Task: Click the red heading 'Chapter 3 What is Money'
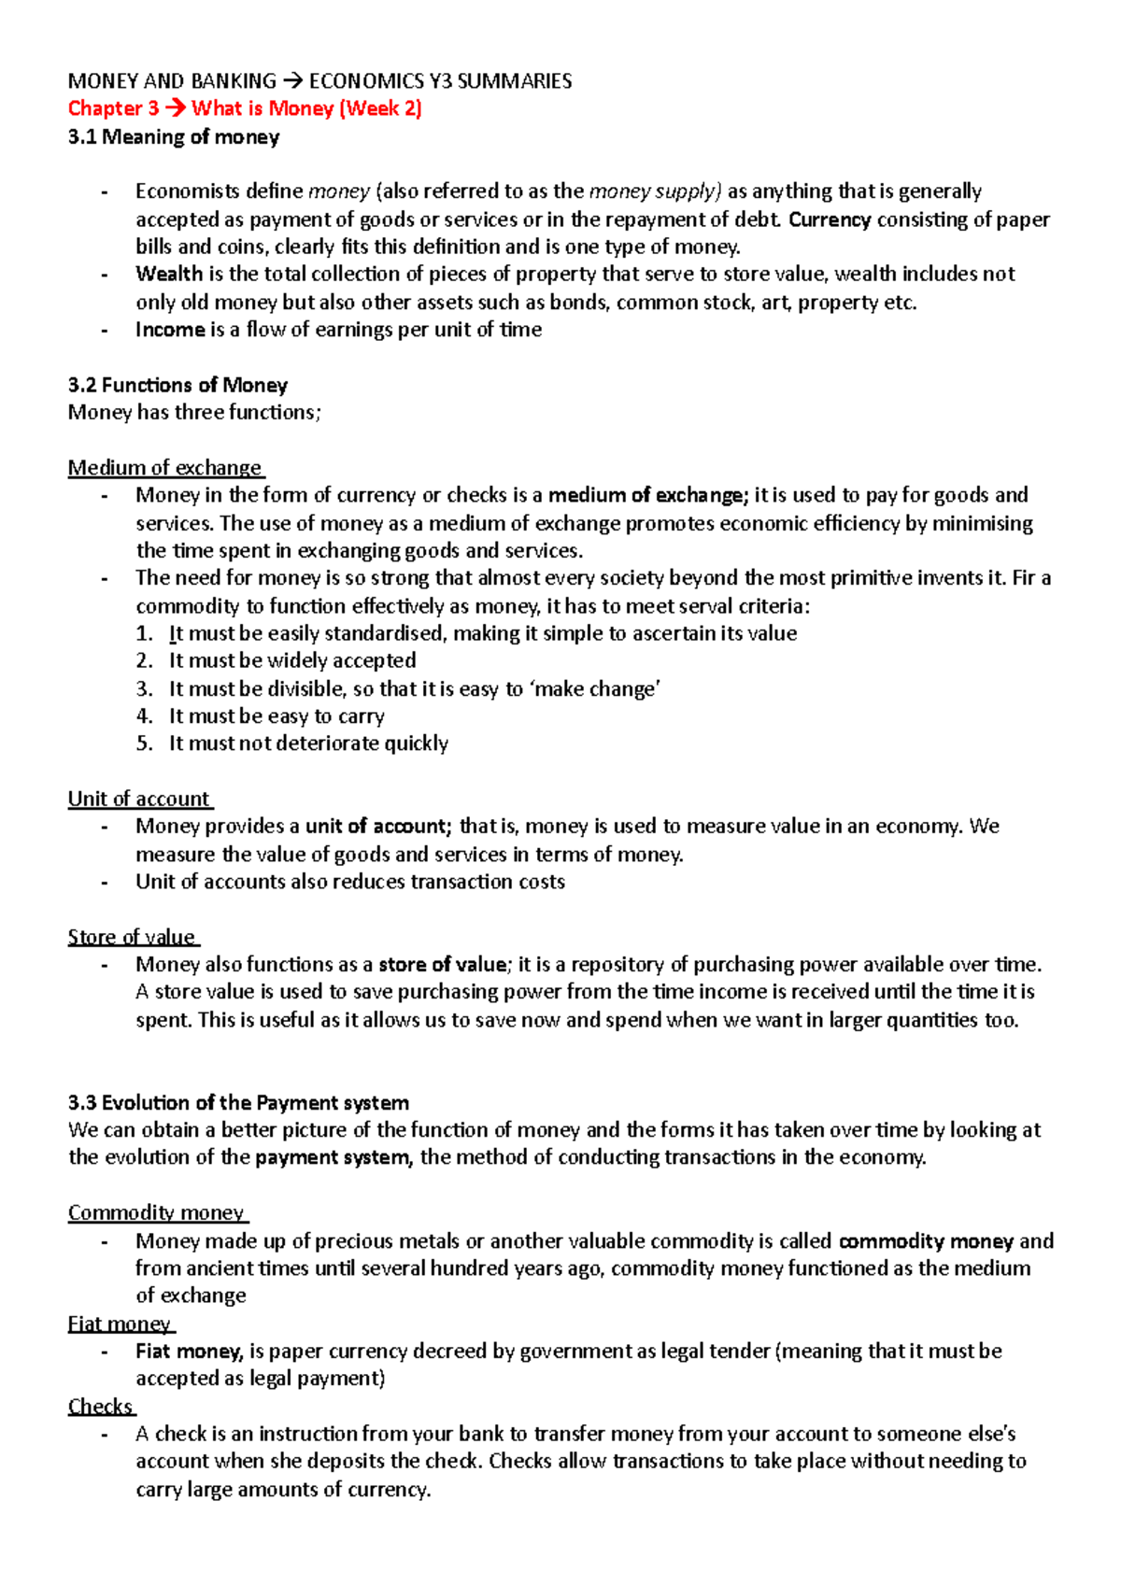coord(245,108)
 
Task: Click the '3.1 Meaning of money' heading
coord(174,137)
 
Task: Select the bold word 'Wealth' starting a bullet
coord(169,274)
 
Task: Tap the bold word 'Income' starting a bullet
coord(170,329)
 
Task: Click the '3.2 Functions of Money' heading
coord(177,385)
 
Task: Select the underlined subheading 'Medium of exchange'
coord(164,467)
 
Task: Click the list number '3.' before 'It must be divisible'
coord(144,688)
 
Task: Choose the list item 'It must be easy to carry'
coord(277,716)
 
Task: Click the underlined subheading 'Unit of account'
coord(138,799)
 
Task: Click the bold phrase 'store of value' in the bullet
coord(442,964)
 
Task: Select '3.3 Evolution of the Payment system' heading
coord(238,1102)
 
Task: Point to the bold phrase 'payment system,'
coord(333,1157)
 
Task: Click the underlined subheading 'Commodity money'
coord(156,1212)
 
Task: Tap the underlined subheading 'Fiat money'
coord(120,1324)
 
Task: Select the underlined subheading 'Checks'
coord(100,1406)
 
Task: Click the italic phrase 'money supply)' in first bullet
coord(655,191)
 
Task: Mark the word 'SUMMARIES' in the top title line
coord(516,81)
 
